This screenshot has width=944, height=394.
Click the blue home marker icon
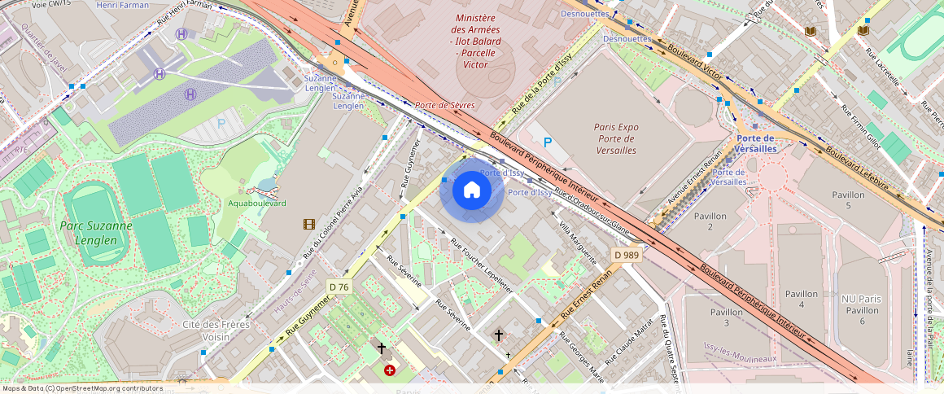coord(471,190)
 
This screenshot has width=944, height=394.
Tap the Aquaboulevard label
coord(256,203)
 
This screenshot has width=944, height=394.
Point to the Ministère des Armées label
coord(476,41)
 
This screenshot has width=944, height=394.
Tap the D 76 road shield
coord(339,287)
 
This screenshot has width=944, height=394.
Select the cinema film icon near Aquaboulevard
coord(309,224)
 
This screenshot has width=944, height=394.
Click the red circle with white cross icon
coord(390,370)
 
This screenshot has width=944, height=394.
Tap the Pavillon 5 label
coord(848,200)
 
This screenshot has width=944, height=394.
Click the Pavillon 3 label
coord(726,317)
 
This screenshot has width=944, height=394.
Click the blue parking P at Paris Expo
coord(548,142)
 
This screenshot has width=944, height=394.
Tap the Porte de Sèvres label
coord(444,105)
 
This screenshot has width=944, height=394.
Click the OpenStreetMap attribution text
coord(82,388)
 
